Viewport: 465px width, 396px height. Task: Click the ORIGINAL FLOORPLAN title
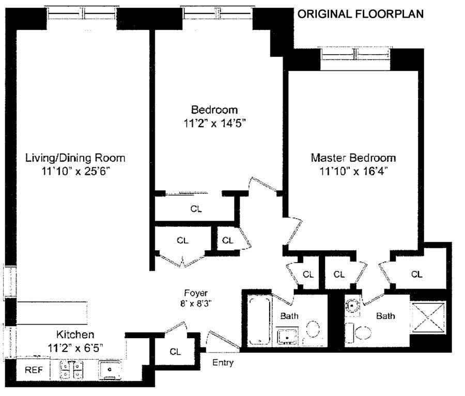[361, 14]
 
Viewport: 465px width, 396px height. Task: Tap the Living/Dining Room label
[75, 158]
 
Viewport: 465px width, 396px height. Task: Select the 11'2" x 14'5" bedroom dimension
[215, 123]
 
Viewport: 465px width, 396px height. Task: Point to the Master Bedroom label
[353, 158]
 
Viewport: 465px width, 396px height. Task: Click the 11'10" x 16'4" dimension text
[354, 171]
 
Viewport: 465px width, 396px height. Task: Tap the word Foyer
[196, 293]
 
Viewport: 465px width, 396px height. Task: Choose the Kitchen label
[75, 334]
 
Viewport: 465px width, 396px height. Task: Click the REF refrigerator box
[33, 370]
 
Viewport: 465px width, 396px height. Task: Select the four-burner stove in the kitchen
[71, 370]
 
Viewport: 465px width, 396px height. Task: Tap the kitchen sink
[110, 370]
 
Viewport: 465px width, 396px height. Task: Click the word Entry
[223, 363]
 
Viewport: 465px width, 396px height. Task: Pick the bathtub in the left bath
[260, 321]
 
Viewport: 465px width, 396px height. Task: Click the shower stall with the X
[429, 316]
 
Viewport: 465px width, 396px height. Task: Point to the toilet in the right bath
[359, 332]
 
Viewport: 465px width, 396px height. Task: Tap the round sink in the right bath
[352, 305]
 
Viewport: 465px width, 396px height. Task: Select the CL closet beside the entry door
[175, 352]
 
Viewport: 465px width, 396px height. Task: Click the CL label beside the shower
[416, 275]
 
